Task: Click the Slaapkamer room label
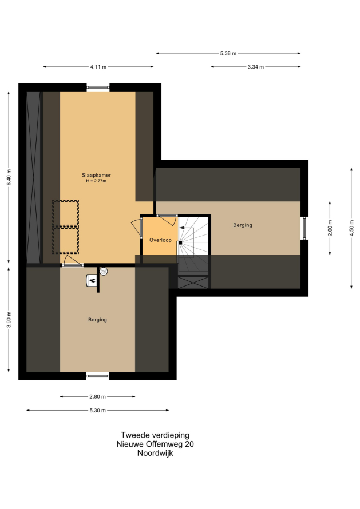tap(96, 176)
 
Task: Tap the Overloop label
tap(160, 240)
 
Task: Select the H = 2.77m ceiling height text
tap(96, 181)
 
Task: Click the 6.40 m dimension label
tap(9, 177)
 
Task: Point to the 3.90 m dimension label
tap(9, 320)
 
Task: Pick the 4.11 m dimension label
tap(98, 67)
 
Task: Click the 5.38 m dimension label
tap(228, 53)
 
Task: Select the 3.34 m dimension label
tap(256, 67)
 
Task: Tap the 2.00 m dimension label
tap(330, 228)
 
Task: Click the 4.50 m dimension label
tap(351, 228)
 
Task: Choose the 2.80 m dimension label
tap(97, 397)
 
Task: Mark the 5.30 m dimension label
tap(97, 410)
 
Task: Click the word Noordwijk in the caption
tap(155, 453)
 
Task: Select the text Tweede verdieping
tap(155, 435)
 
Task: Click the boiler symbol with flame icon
tap(92, 280)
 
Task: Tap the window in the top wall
tap(98, 87)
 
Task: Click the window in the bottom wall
tap(98, 376)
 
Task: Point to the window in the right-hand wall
tap(304, 228)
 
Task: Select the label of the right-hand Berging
tap(242, 225)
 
